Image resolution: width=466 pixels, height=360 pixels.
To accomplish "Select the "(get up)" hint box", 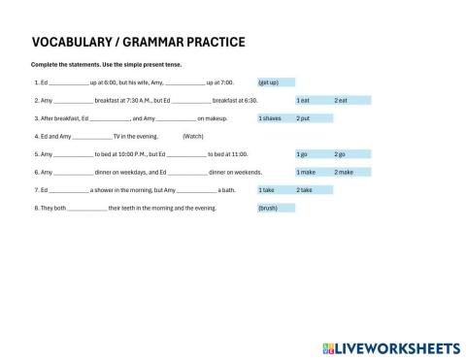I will click(x=275, y=82).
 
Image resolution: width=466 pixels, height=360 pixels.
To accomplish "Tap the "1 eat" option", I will click(x=303, y=100).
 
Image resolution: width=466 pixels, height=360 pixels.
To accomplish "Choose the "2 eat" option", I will click(x=341, y=100).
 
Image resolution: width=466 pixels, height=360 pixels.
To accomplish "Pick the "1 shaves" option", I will click(x=271, y=117).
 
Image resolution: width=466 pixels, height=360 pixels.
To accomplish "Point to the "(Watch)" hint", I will click(x=192, y=136).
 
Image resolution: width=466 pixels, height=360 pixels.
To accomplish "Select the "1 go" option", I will click(x=303, y=153).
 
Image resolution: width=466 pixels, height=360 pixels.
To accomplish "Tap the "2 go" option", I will click(x=340, y=153).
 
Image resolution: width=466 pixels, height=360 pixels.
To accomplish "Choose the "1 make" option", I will click(x=305, y=172).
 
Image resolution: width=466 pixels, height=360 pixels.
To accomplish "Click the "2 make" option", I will click(x=344, y=172).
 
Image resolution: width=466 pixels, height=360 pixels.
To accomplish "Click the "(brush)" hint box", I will click(x=268, y=208).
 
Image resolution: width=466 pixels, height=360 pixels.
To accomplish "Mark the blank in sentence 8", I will click(x=88, y=209).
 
